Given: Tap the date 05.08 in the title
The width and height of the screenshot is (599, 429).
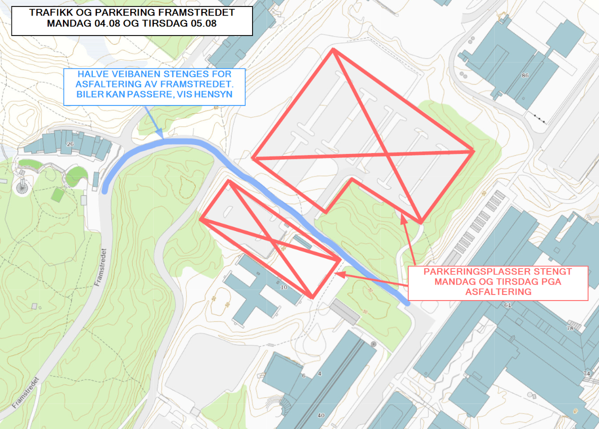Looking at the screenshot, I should point(201,24).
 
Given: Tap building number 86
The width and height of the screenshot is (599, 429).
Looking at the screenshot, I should point(525,76).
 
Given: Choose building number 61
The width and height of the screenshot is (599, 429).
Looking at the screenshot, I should point(509,305).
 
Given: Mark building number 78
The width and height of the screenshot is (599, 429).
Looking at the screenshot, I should point(570,328).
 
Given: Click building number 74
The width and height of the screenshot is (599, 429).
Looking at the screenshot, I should point(587,373).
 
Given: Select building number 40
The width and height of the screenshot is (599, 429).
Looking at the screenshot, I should point(321,415).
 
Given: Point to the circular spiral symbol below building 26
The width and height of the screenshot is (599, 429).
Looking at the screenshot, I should point(21,188).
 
